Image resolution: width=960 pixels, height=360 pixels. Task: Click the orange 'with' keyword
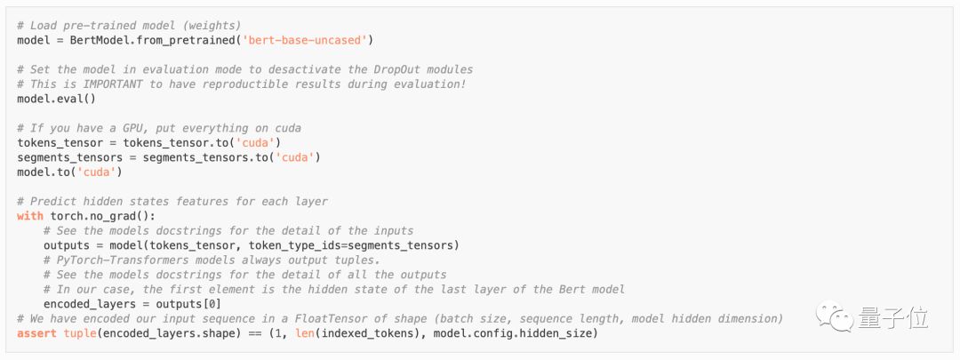click(x=30, y=216)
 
